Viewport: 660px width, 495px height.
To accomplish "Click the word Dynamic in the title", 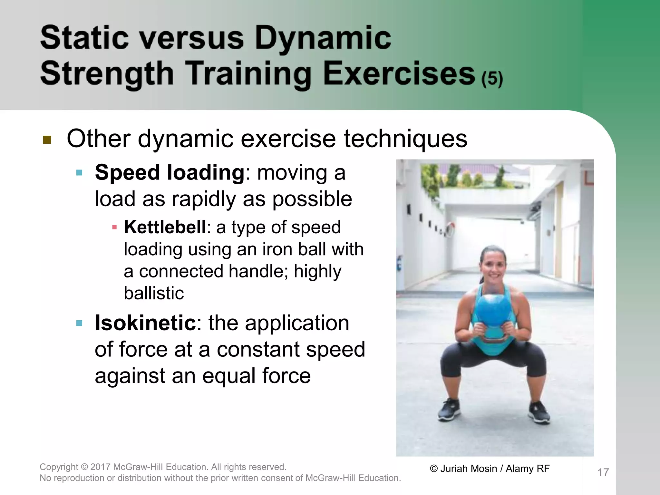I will point(323,39).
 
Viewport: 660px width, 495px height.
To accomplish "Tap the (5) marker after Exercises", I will point(492,79).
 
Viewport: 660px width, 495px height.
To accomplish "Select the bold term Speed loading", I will point(170,172).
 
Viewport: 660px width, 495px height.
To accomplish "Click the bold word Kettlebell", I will point(165,227).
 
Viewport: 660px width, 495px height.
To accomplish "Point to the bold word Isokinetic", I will point(145,323).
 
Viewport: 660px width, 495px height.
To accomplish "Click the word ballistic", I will point(154,293).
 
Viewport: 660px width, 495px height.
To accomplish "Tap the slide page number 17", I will point(603,472).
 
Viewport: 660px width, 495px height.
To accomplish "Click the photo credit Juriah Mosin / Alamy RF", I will point(490,469).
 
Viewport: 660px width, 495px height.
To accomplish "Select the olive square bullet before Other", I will point(47,140).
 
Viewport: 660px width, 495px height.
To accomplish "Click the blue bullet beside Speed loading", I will point(79,173).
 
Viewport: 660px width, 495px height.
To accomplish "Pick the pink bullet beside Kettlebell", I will point(114,228).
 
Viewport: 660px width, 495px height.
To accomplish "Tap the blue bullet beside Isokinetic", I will point(79,323).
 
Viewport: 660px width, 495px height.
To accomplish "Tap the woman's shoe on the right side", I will point(538,412).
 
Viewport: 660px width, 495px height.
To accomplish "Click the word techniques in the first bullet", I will point(405,139).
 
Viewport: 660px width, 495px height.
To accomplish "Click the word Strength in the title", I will point(107,74).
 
